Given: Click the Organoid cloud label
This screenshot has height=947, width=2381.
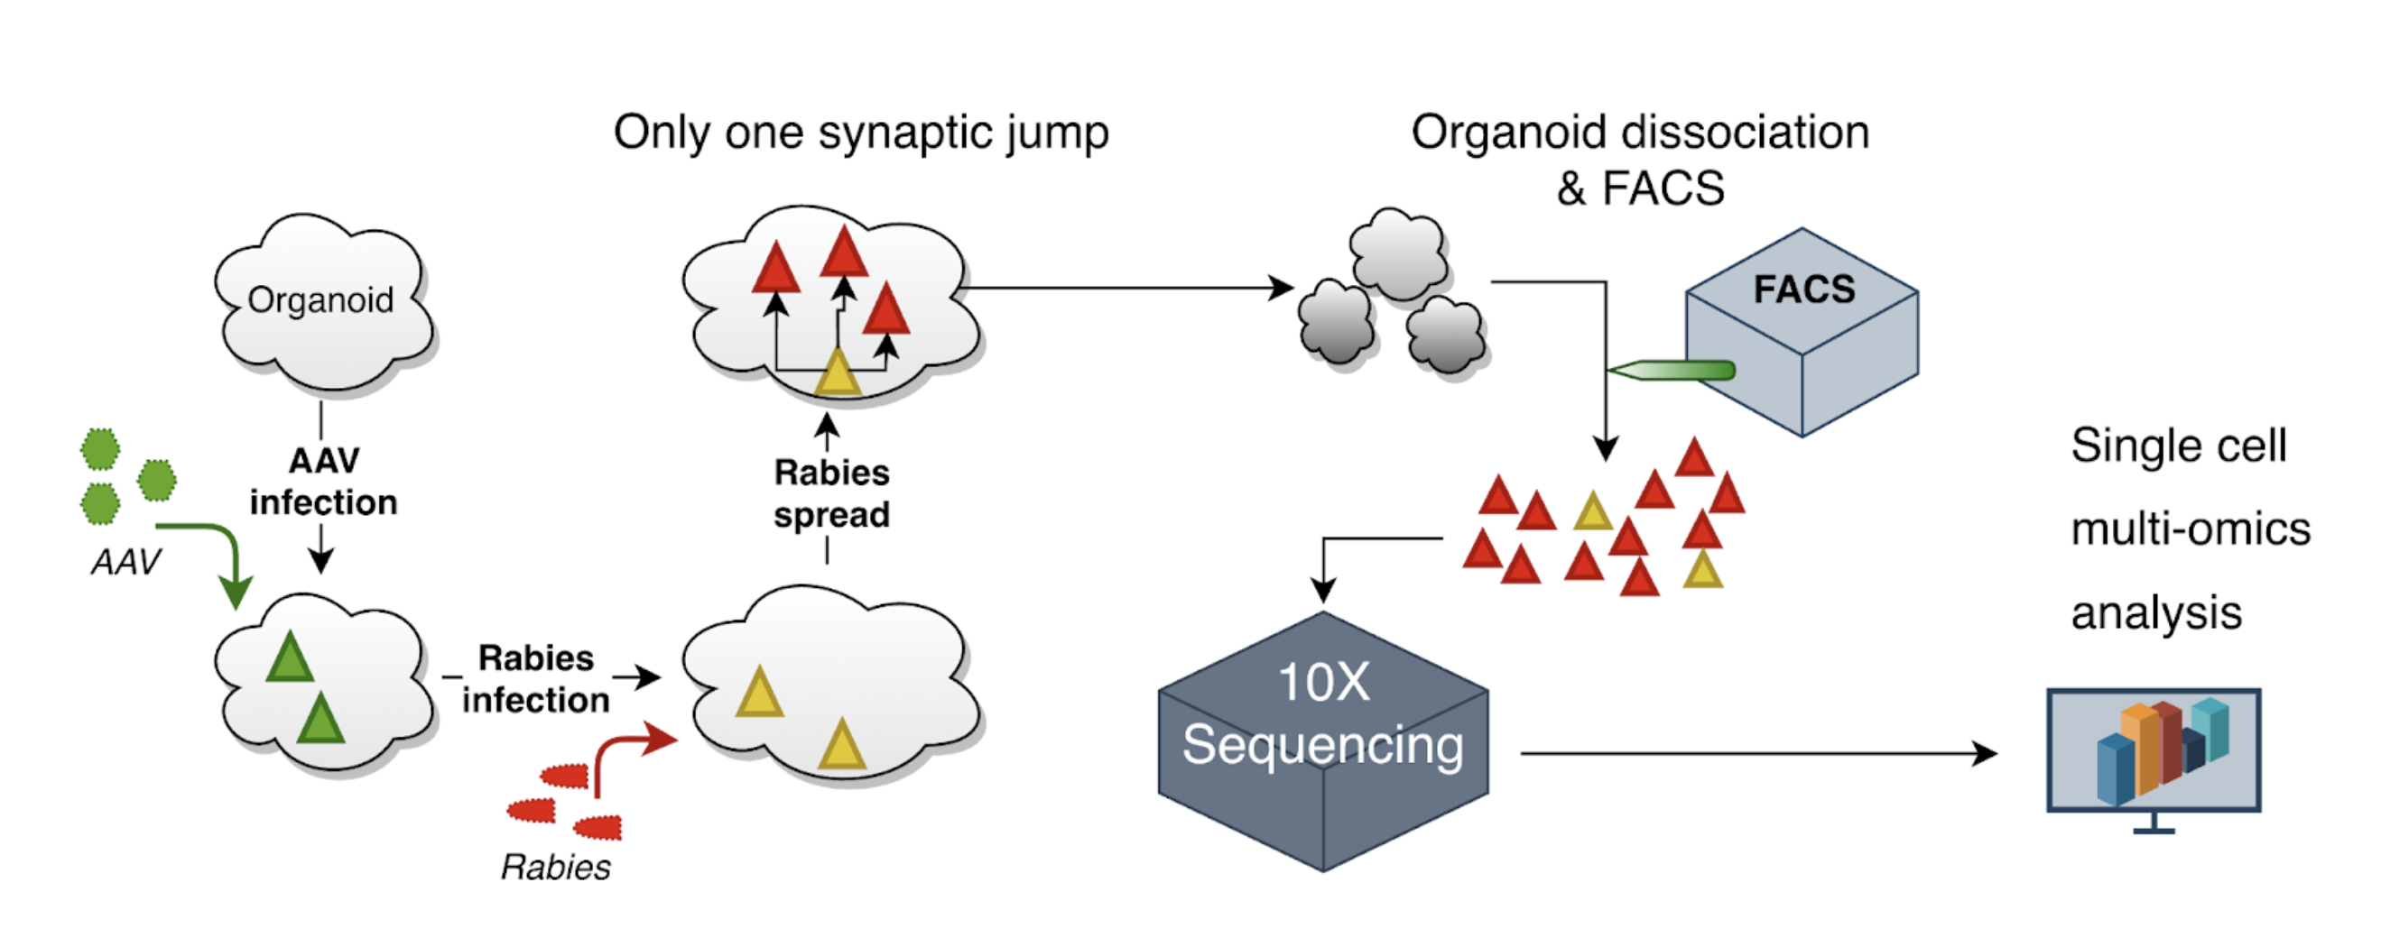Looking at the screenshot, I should [320, 300].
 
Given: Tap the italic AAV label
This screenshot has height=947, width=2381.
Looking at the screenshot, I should [125, 562].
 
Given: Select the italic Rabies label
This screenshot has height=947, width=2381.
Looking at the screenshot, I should [555, 867].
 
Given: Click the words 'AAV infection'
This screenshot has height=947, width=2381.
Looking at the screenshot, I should [323, 482].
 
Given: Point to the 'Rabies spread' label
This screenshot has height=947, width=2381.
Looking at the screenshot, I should [832, 493].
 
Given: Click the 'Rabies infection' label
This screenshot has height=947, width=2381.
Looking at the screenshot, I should [536, 679].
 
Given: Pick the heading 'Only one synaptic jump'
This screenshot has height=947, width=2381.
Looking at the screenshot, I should [860, 132].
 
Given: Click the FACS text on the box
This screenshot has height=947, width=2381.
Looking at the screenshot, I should [1804, 290].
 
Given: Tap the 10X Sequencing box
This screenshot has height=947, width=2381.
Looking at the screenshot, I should [1322, 740].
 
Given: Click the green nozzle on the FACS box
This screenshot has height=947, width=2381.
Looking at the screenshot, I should [1673, 371].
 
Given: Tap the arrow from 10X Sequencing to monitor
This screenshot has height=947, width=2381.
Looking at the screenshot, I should [1756, 754].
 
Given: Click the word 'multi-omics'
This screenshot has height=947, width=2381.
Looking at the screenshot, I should [2191, 529].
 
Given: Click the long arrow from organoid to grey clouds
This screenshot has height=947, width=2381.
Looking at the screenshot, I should [1127, 288].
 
